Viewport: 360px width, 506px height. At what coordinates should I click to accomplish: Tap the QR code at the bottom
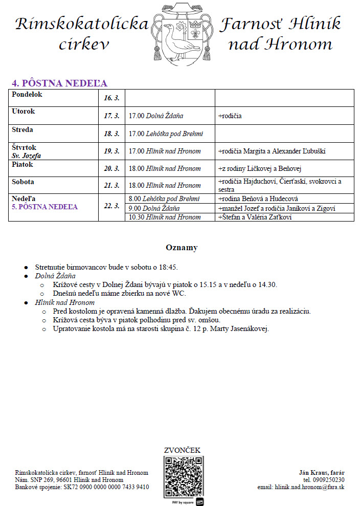click(x=184, y=477)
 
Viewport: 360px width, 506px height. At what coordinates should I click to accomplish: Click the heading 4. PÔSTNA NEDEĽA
click(x=60, y=83)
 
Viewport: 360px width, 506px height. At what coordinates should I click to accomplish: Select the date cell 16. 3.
click(x=111, y=98)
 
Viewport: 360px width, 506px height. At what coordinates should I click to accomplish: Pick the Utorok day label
click(x=24, y=111)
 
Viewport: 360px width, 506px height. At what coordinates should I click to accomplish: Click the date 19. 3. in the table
click(x=111, y=151)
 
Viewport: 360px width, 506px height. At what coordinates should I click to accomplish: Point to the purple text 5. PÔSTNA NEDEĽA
click(x=44, y=207)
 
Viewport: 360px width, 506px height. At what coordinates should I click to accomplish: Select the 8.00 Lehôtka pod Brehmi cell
click(x=164, y=199)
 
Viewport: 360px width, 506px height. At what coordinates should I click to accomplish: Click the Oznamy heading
click(x=181, y=248)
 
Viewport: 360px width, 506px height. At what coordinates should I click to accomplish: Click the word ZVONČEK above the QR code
click(x=182, y=450)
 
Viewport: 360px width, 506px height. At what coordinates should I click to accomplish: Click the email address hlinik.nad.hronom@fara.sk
click(x=309, y=487)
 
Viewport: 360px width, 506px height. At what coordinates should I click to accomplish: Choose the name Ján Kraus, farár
click(x=322, y=472)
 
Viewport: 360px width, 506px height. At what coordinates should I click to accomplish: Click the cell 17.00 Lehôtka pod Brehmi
click(x=166, y=134)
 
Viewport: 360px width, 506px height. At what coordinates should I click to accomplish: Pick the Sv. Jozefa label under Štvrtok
click(x=26, y=156)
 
